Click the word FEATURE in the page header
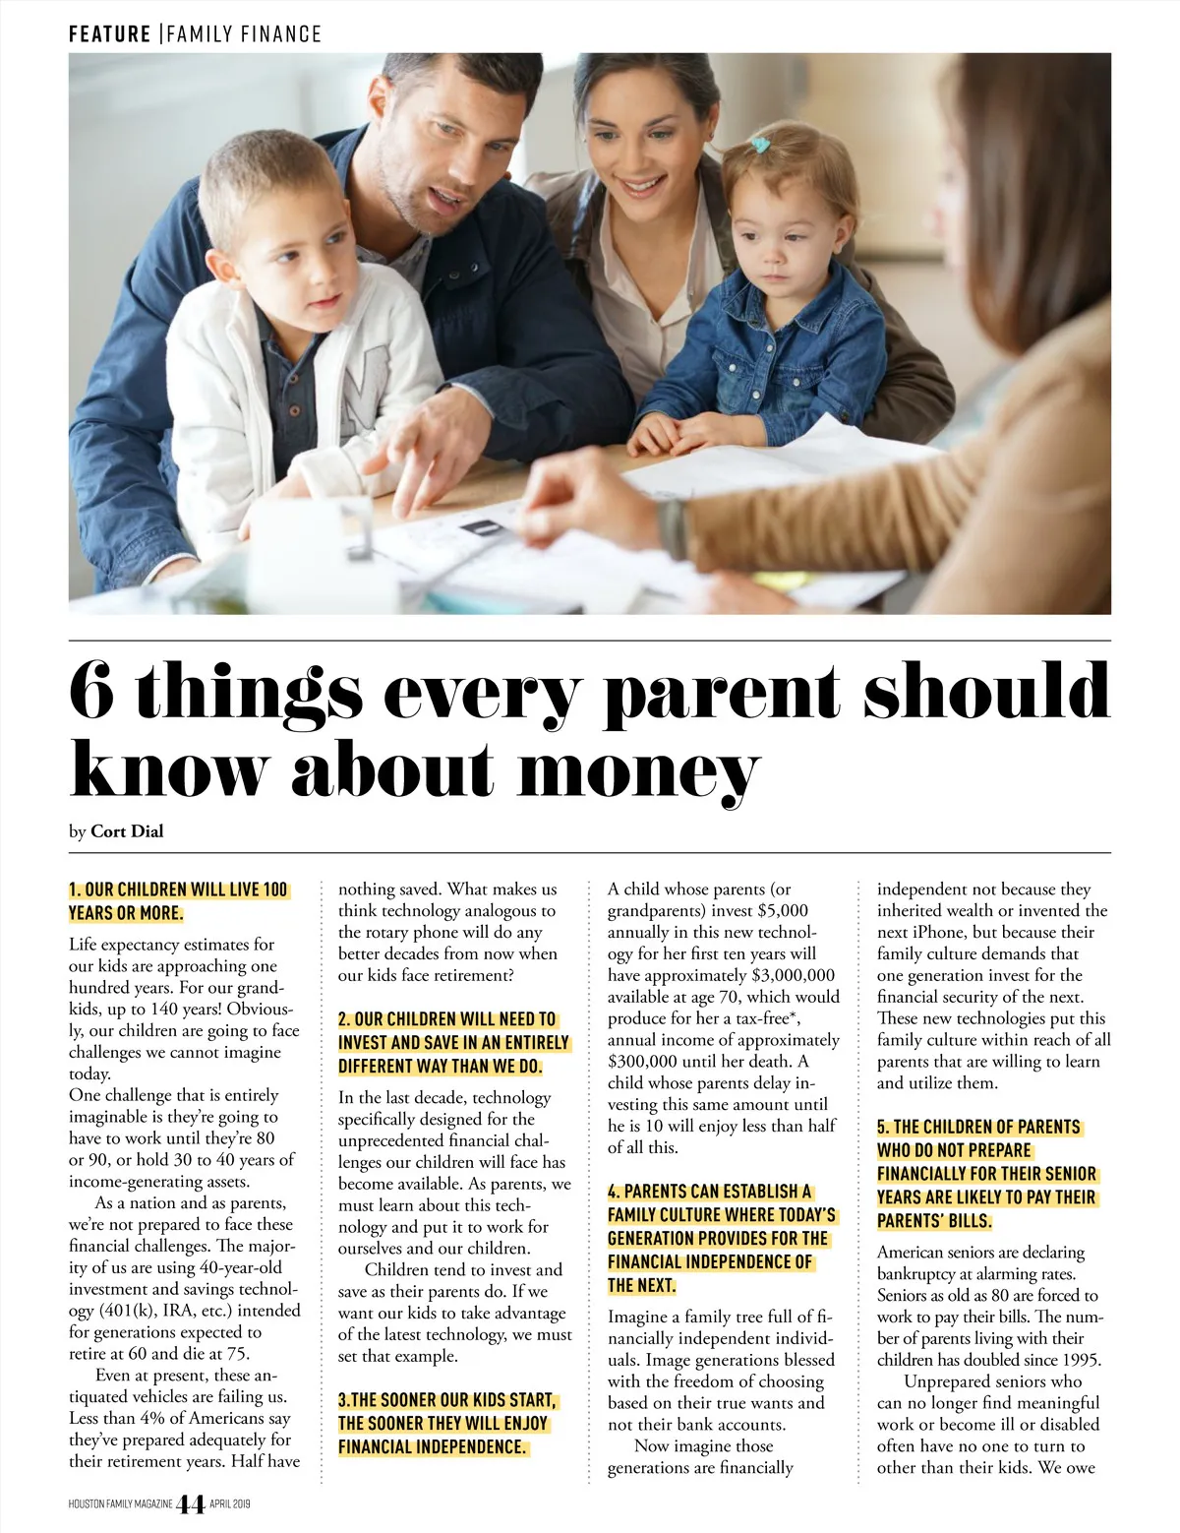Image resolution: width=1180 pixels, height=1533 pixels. click(x=109, y=34)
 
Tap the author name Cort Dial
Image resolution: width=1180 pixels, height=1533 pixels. click(x=127, y=831)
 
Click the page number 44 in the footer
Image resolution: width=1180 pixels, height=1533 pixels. click(x=190, y=1504)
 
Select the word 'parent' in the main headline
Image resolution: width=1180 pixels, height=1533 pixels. click(x=722, y=694)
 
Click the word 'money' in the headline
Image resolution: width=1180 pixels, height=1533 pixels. click(x=639, y=770)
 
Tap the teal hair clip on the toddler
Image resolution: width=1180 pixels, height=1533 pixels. click(x=760, y=146)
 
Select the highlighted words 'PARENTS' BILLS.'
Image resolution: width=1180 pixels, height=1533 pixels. click(x=934, y=1221)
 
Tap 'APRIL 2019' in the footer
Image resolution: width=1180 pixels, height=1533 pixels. click(x=230, y=1504)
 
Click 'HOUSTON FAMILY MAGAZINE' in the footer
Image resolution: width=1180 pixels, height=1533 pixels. click(x=121, y=1504)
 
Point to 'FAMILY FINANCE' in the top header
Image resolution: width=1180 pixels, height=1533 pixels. click(x=244, y=34)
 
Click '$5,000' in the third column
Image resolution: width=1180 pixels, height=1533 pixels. click(x=783, y=910)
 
